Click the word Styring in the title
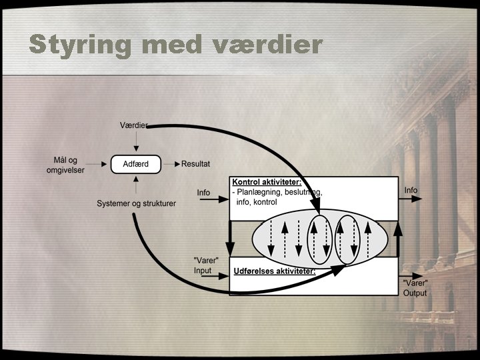[78, 45]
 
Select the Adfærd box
[136, 163]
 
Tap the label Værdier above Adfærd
[133, 125]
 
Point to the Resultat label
[196, 163]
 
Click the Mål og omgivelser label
[69, 164]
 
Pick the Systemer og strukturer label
[136, 203]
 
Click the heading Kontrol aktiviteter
[266, 182]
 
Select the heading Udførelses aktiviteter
[275, 271]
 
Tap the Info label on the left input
[203, 193]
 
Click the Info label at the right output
[411, 190]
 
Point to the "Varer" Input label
[203, 265]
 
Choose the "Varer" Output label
[415, 287]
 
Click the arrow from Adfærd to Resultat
[171, 163]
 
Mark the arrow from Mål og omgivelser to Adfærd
[100, 163]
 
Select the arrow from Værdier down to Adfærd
[136, 141]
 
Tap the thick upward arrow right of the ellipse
[398, 239]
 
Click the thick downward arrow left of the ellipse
[229, 237]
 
